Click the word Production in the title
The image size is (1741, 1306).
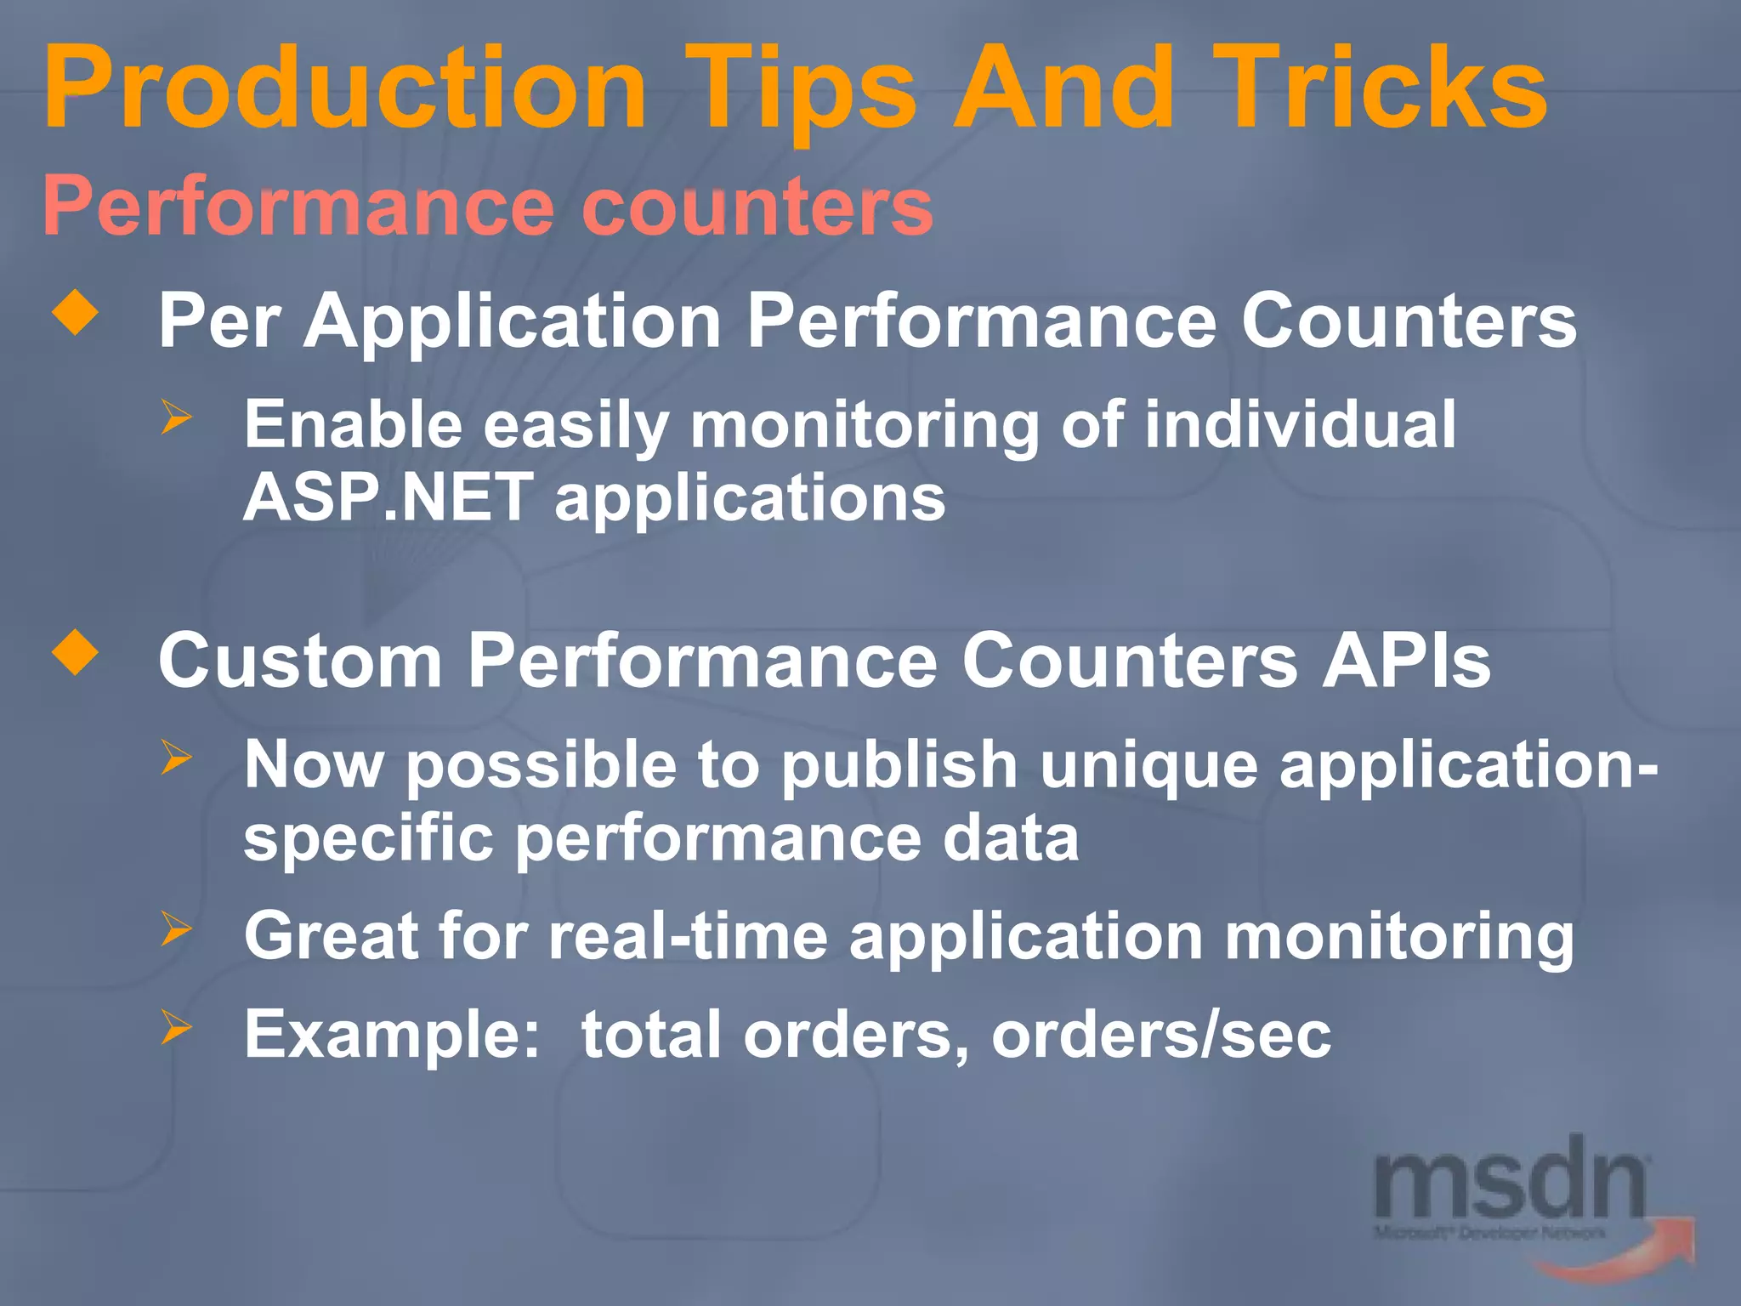click(344, 89)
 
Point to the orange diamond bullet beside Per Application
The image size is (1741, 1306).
click(76, 312)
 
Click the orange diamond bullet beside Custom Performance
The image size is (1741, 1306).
click(76, 652)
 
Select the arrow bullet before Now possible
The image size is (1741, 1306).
click(177, 757)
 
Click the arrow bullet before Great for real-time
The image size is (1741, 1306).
click(177, 928)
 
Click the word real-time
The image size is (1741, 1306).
click(688, 936)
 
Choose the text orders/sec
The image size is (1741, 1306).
click(1160, 1035)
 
